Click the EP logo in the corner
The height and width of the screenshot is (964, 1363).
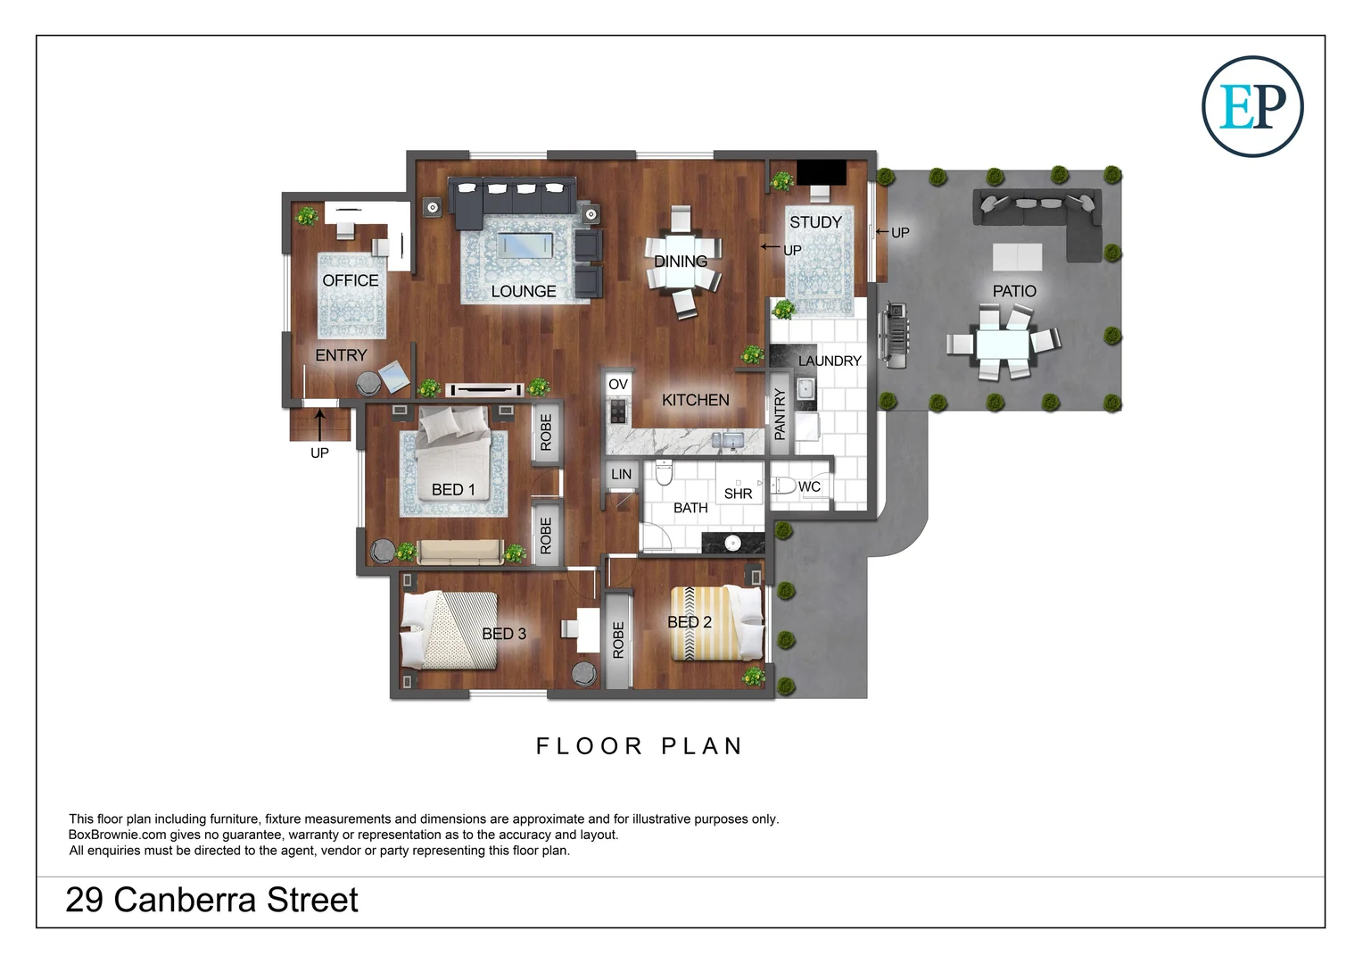pos(1252,106)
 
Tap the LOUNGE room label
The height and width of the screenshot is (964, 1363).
pos(523,292)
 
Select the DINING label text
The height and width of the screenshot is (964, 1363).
pos(680,262)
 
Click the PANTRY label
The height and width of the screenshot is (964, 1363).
pos(780,414)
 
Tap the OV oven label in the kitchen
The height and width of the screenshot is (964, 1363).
pos(617,385)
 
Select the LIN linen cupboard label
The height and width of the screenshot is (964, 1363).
pos(621,475)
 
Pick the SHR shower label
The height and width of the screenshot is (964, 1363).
pos(738,494)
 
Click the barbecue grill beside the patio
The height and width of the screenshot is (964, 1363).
pos(894,336)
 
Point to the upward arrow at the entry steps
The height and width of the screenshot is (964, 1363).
pos(319,424)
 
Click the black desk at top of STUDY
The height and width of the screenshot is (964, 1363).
pos(821,171)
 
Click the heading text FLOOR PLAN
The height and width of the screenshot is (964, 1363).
pos(639,746)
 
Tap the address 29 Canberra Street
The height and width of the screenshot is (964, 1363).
pos(211,900)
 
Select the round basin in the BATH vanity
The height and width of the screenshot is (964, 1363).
pos(732,542)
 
